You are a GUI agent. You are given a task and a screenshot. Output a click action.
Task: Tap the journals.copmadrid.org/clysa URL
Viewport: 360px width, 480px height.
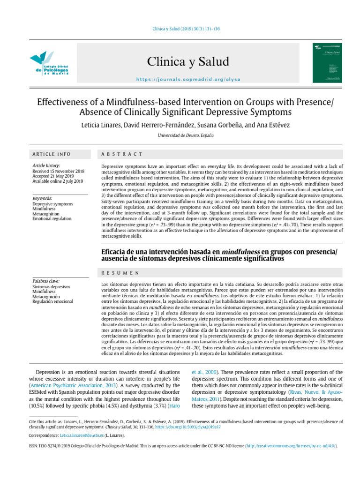pos(188,79)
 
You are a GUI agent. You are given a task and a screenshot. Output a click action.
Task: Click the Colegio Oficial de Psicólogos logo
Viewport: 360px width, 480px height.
pos(49,63)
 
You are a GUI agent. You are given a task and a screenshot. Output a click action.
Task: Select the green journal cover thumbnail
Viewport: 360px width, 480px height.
pos(327,63)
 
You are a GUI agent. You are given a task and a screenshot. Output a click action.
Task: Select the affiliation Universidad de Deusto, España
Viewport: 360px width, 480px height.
pos(180,135)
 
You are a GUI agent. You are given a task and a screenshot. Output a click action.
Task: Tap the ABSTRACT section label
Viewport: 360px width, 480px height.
pos(122,154)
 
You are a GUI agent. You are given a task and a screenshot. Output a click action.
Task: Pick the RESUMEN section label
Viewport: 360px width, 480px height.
pos(120,272)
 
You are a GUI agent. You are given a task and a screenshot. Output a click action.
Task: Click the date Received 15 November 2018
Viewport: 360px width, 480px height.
pos(58,171)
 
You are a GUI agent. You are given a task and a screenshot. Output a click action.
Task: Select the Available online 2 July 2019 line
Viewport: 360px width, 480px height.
pos(58,181)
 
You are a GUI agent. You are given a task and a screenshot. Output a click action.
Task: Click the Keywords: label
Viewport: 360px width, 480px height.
pos(42,198)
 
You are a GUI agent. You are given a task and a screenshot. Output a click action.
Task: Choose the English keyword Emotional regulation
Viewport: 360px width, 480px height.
pos(52,218)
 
